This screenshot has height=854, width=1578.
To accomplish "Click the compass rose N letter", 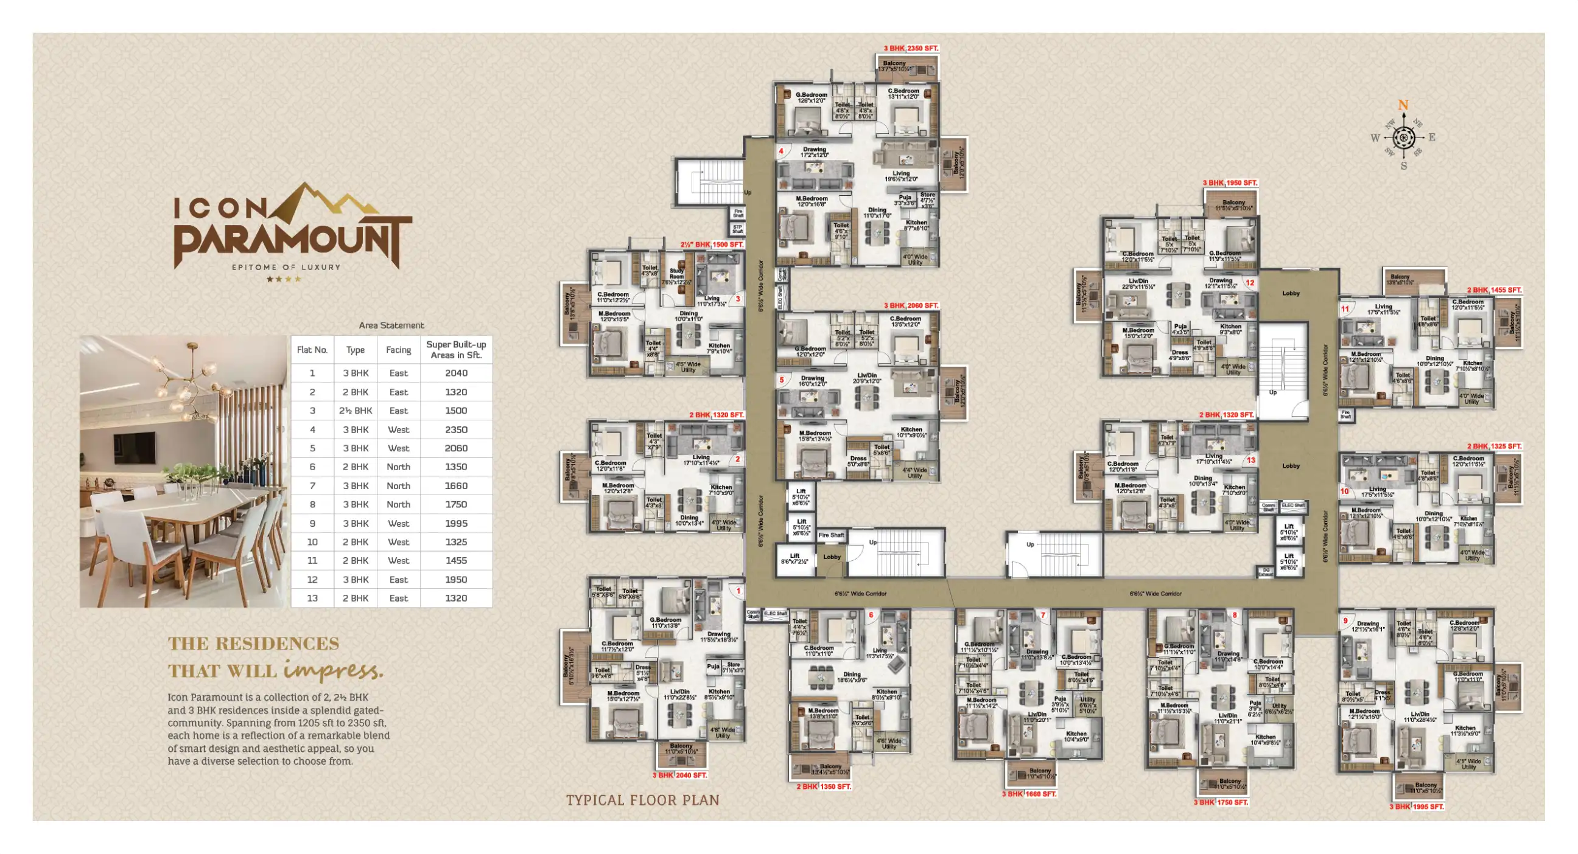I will point(1403,105).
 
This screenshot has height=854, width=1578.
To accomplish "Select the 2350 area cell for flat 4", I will point(456,430).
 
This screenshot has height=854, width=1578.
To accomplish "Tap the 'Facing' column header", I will point(398,350).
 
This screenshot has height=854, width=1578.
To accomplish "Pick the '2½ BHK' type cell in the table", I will point(356,411).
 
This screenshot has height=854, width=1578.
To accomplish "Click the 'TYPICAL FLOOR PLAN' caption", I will point(643,800).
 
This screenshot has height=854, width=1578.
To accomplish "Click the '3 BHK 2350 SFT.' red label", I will point(910,49).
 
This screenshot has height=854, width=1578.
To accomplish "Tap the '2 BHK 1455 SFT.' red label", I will point(1494,290).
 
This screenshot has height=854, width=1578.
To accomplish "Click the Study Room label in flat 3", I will point(676,274).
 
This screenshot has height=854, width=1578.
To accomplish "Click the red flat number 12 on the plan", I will point(1250,283).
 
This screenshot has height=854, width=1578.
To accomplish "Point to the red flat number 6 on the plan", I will point(871,615).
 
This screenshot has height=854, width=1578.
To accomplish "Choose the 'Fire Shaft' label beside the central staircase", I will point(830,535).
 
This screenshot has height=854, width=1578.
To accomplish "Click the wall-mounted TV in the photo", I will point(134,448).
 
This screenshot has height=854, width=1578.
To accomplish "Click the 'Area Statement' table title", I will point(391,325).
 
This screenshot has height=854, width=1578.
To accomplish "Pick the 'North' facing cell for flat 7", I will point(398,485).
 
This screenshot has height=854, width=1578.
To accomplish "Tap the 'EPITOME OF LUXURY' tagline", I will point(286,267).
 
